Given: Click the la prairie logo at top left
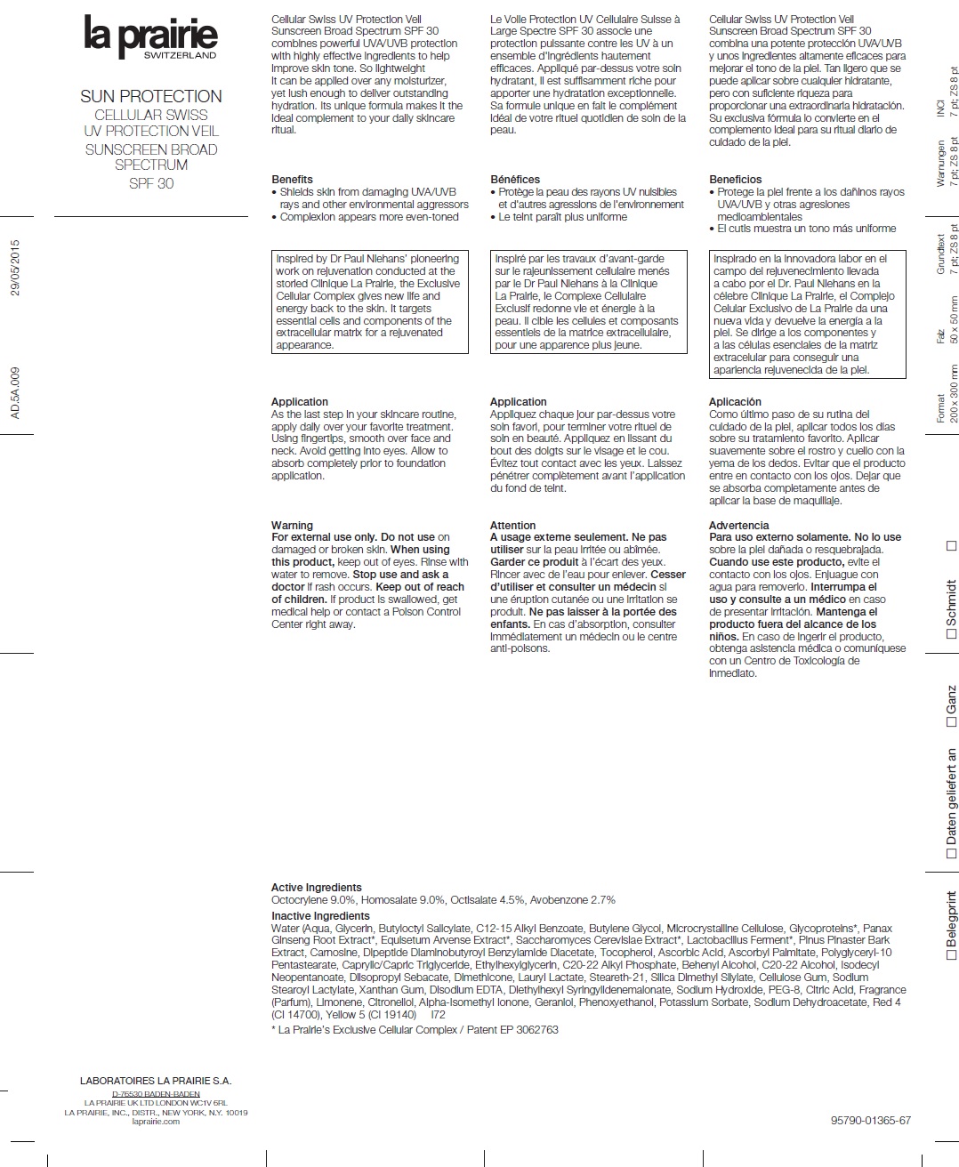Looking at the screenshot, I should click(x=150, y=37).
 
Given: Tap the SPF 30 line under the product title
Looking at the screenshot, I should click(x=151, y=183).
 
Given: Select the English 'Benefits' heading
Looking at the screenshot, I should click(x=292, y=179).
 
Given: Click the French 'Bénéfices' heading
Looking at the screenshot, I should click(x=515, y=179).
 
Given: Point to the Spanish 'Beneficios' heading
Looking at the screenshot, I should click(x=735, y=179).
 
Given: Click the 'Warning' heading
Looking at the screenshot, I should click(x=292, y=525).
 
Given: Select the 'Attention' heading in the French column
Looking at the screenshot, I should click(x=512, y=525).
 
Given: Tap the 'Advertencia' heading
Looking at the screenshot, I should click(x=738, y=525).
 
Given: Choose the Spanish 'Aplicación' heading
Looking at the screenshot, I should click(x=735, y=401).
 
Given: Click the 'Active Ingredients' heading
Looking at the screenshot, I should click(x=316, y=887).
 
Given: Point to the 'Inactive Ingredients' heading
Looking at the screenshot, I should click(x=320, y=915).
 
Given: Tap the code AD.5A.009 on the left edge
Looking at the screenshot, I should click(x=14, y=392).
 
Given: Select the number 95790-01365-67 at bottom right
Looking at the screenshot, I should click(x=870, y=1121).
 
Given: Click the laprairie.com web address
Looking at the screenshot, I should click(x=156, y=1121).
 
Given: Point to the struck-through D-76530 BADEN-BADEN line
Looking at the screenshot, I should click(x=156, y=1093).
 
